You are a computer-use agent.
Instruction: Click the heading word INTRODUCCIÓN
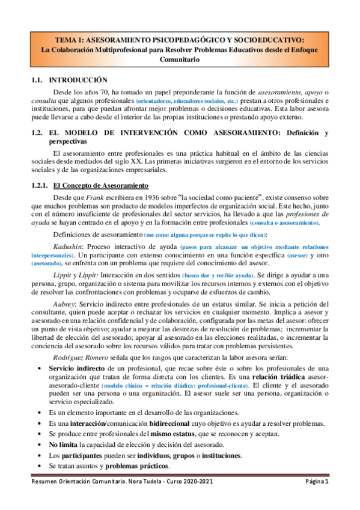(x=78, y=79)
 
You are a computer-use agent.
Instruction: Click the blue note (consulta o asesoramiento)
(x=285, y=223)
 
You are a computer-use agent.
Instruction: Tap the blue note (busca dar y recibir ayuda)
(x=219, y=275)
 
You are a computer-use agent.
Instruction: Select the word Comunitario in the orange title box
(x=180, y=60)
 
